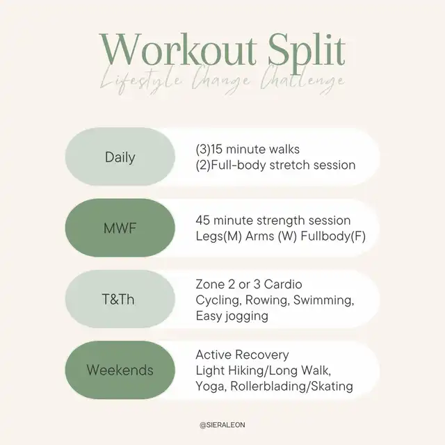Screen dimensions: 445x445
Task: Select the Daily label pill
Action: pyautogui.click(x=120, y=156)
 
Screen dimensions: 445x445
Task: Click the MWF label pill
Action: pyautogui.click(x=120, y=228)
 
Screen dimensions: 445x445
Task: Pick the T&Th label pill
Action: pyautogui.click(x=120, y=299)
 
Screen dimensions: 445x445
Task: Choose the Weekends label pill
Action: pyautogui.click(x=120, y=370)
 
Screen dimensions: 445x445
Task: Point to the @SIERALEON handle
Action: pyautogui.click(x=222, y=425)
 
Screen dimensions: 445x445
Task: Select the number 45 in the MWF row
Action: pyautogui.click(x=202, y=220)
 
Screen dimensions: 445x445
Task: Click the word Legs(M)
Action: pyautogui.click(x=218, y=236)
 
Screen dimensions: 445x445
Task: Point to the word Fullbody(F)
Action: pyautogui.click(x=333, y=236)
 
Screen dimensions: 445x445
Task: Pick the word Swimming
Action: pyautogui.click(x=324, y=300)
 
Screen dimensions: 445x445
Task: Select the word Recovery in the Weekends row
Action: pyautogui.click(x=262, y=355)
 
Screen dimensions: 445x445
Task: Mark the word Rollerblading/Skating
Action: pyautogui.click(x=292, y=387)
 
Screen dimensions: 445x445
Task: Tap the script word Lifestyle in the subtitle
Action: pyautogui.click(x=140, y=81)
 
